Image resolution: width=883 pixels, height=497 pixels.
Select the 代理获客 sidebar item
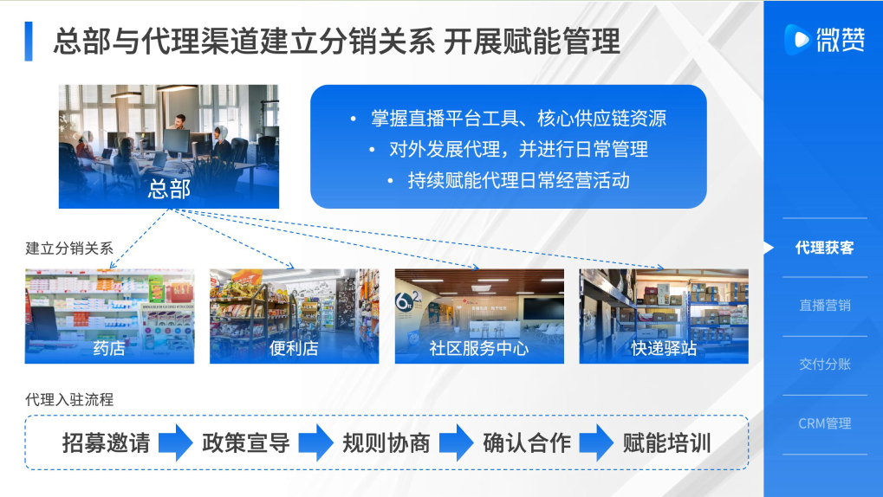824,248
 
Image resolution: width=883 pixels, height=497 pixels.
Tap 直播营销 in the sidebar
824,306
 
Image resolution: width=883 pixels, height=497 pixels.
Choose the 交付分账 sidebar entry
824,365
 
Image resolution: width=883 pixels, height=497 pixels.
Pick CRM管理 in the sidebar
824,423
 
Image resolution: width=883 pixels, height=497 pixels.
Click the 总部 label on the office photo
169,189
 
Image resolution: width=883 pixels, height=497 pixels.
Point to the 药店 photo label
109,348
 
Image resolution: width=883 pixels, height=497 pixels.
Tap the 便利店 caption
294,348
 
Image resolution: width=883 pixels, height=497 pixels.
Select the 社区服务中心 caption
479,348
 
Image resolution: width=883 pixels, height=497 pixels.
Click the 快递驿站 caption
664,348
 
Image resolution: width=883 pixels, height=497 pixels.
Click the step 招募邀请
106,443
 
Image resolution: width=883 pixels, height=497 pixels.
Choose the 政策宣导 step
246,443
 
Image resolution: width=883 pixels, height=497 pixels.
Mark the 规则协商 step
386,443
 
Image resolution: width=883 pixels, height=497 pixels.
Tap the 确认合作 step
527,443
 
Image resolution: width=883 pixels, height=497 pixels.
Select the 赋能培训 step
666,443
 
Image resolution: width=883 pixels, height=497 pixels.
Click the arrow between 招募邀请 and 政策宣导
176,443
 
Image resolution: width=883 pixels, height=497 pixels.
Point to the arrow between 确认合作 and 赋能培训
596,443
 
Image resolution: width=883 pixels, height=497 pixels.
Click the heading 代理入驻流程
69,400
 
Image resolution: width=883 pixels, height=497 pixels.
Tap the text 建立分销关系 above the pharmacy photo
69,248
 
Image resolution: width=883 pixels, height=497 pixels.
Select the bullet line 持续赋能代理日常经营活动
519,181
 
